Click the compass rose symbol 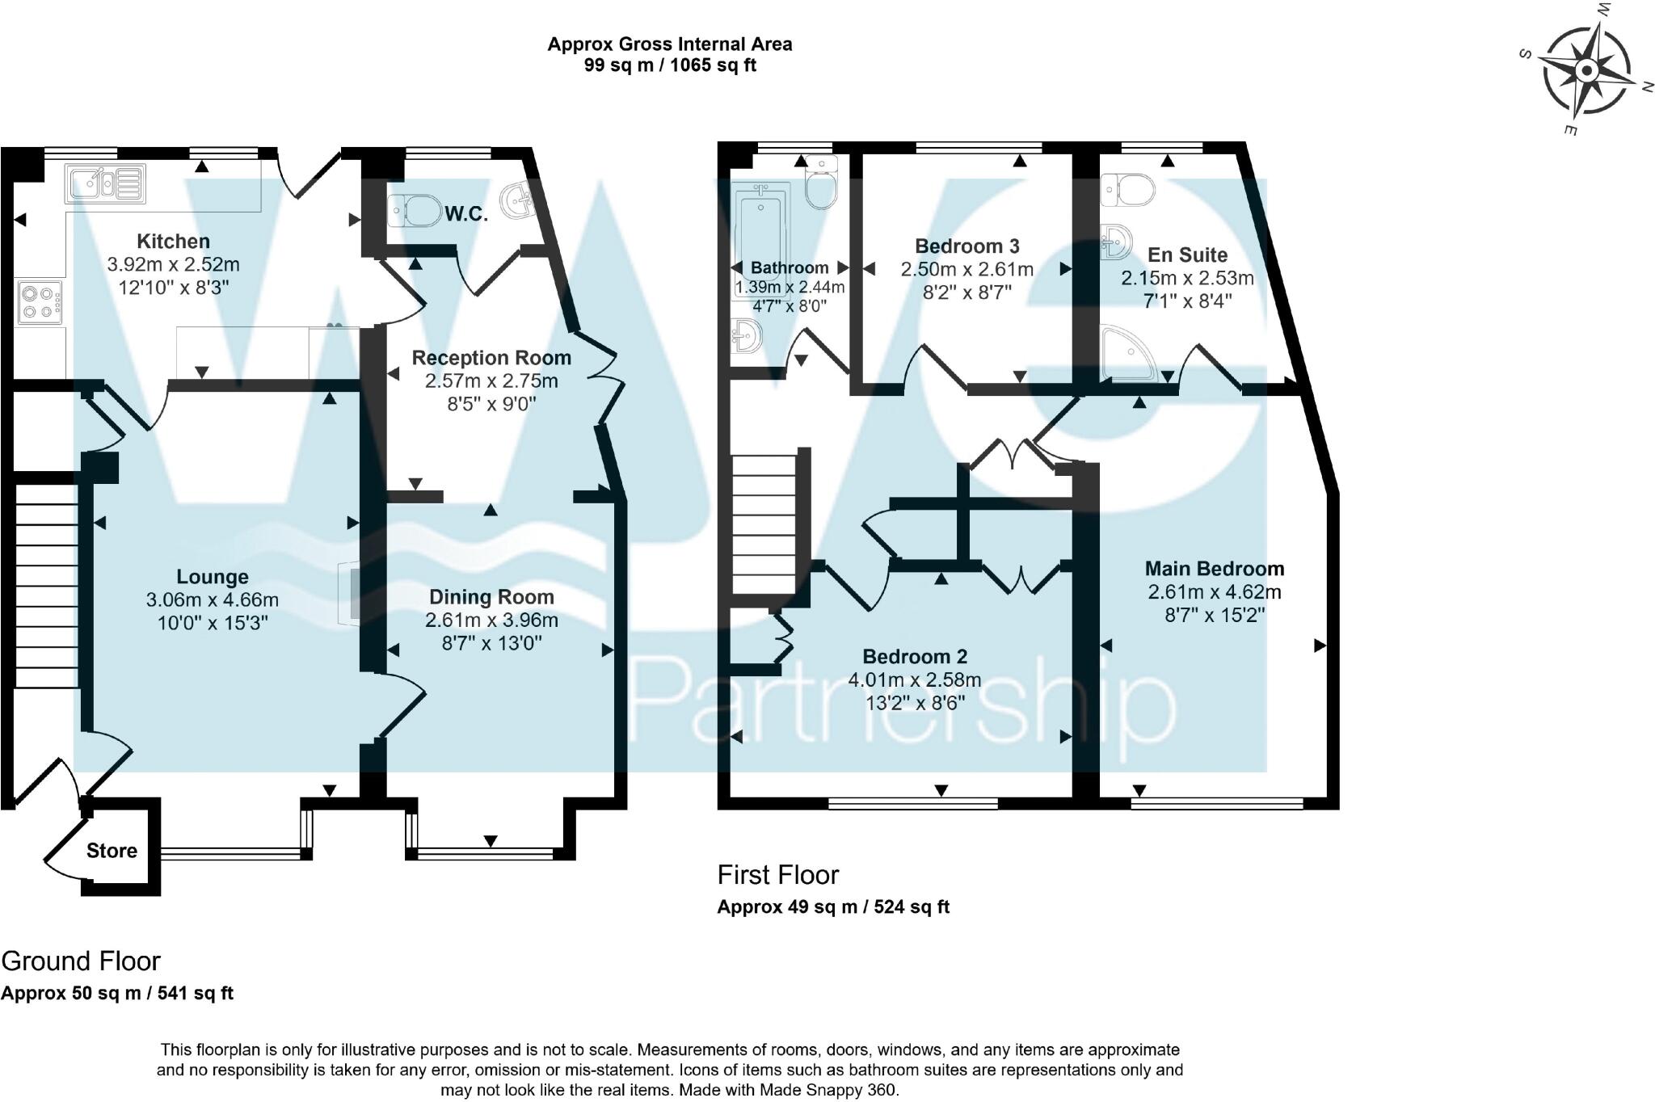click(1586, 71)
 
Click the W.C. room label click(466, 214)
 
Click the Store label click(112, 851)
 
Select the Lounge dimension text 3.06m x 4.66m click(212, 600)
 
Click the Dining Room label click(491, 597)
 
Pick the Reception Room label click(491, 357)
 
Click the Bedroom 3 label click(966, 246)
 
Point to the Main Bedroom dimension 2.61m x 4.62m click(1214, 592)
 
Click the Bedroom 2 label click(914, 656)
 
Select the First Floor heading click(777, 875)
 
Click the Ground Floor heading click(81, 961)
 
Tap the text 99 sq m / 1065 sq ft click(670, 65)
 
